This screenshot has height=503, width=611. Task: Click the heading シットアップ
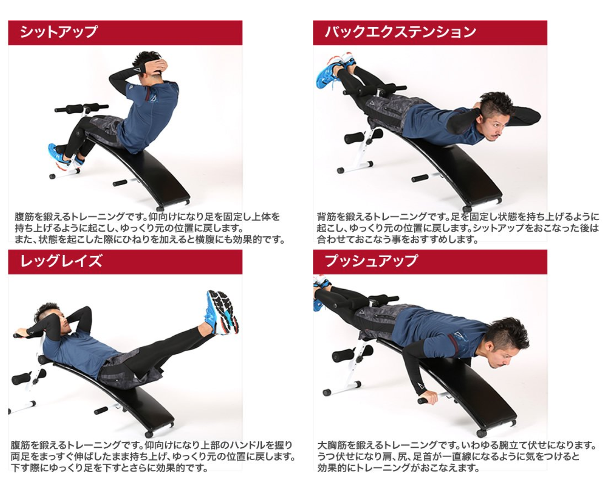click(59, 32)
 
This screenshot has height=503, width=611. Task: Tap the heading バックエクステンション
click(400, 32)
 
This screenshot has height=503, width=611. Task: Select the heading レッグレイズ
click(61, 261)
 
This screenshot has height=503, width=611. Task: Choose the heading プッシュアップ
click(371, 261)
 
